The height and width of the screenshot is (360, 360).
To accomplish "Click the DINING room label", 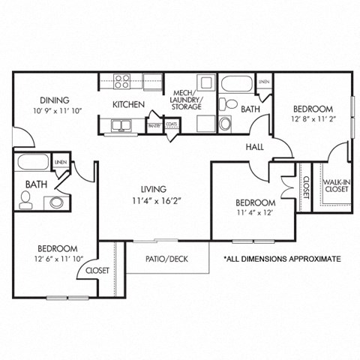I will coord(55,100).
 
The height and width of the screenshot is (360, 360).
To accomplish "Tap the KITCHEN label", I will coord(128,104).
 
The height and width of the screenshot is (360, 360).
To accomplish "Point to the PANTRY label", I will coord(154,125).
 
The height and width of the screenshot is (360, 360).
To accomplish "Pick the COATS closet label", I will coord(172,125).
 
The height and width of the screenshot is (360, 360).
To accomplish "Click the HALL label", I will coord(255,148).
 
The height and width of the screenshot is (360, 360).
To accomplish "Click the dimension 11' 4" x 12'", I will coord(255,212).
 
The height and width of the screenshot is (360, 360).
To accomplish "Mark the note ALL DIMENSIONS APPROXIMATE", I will coord(282,259).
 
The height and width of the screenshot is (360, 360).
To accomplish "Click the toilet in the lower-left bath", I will coord(25,199).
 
